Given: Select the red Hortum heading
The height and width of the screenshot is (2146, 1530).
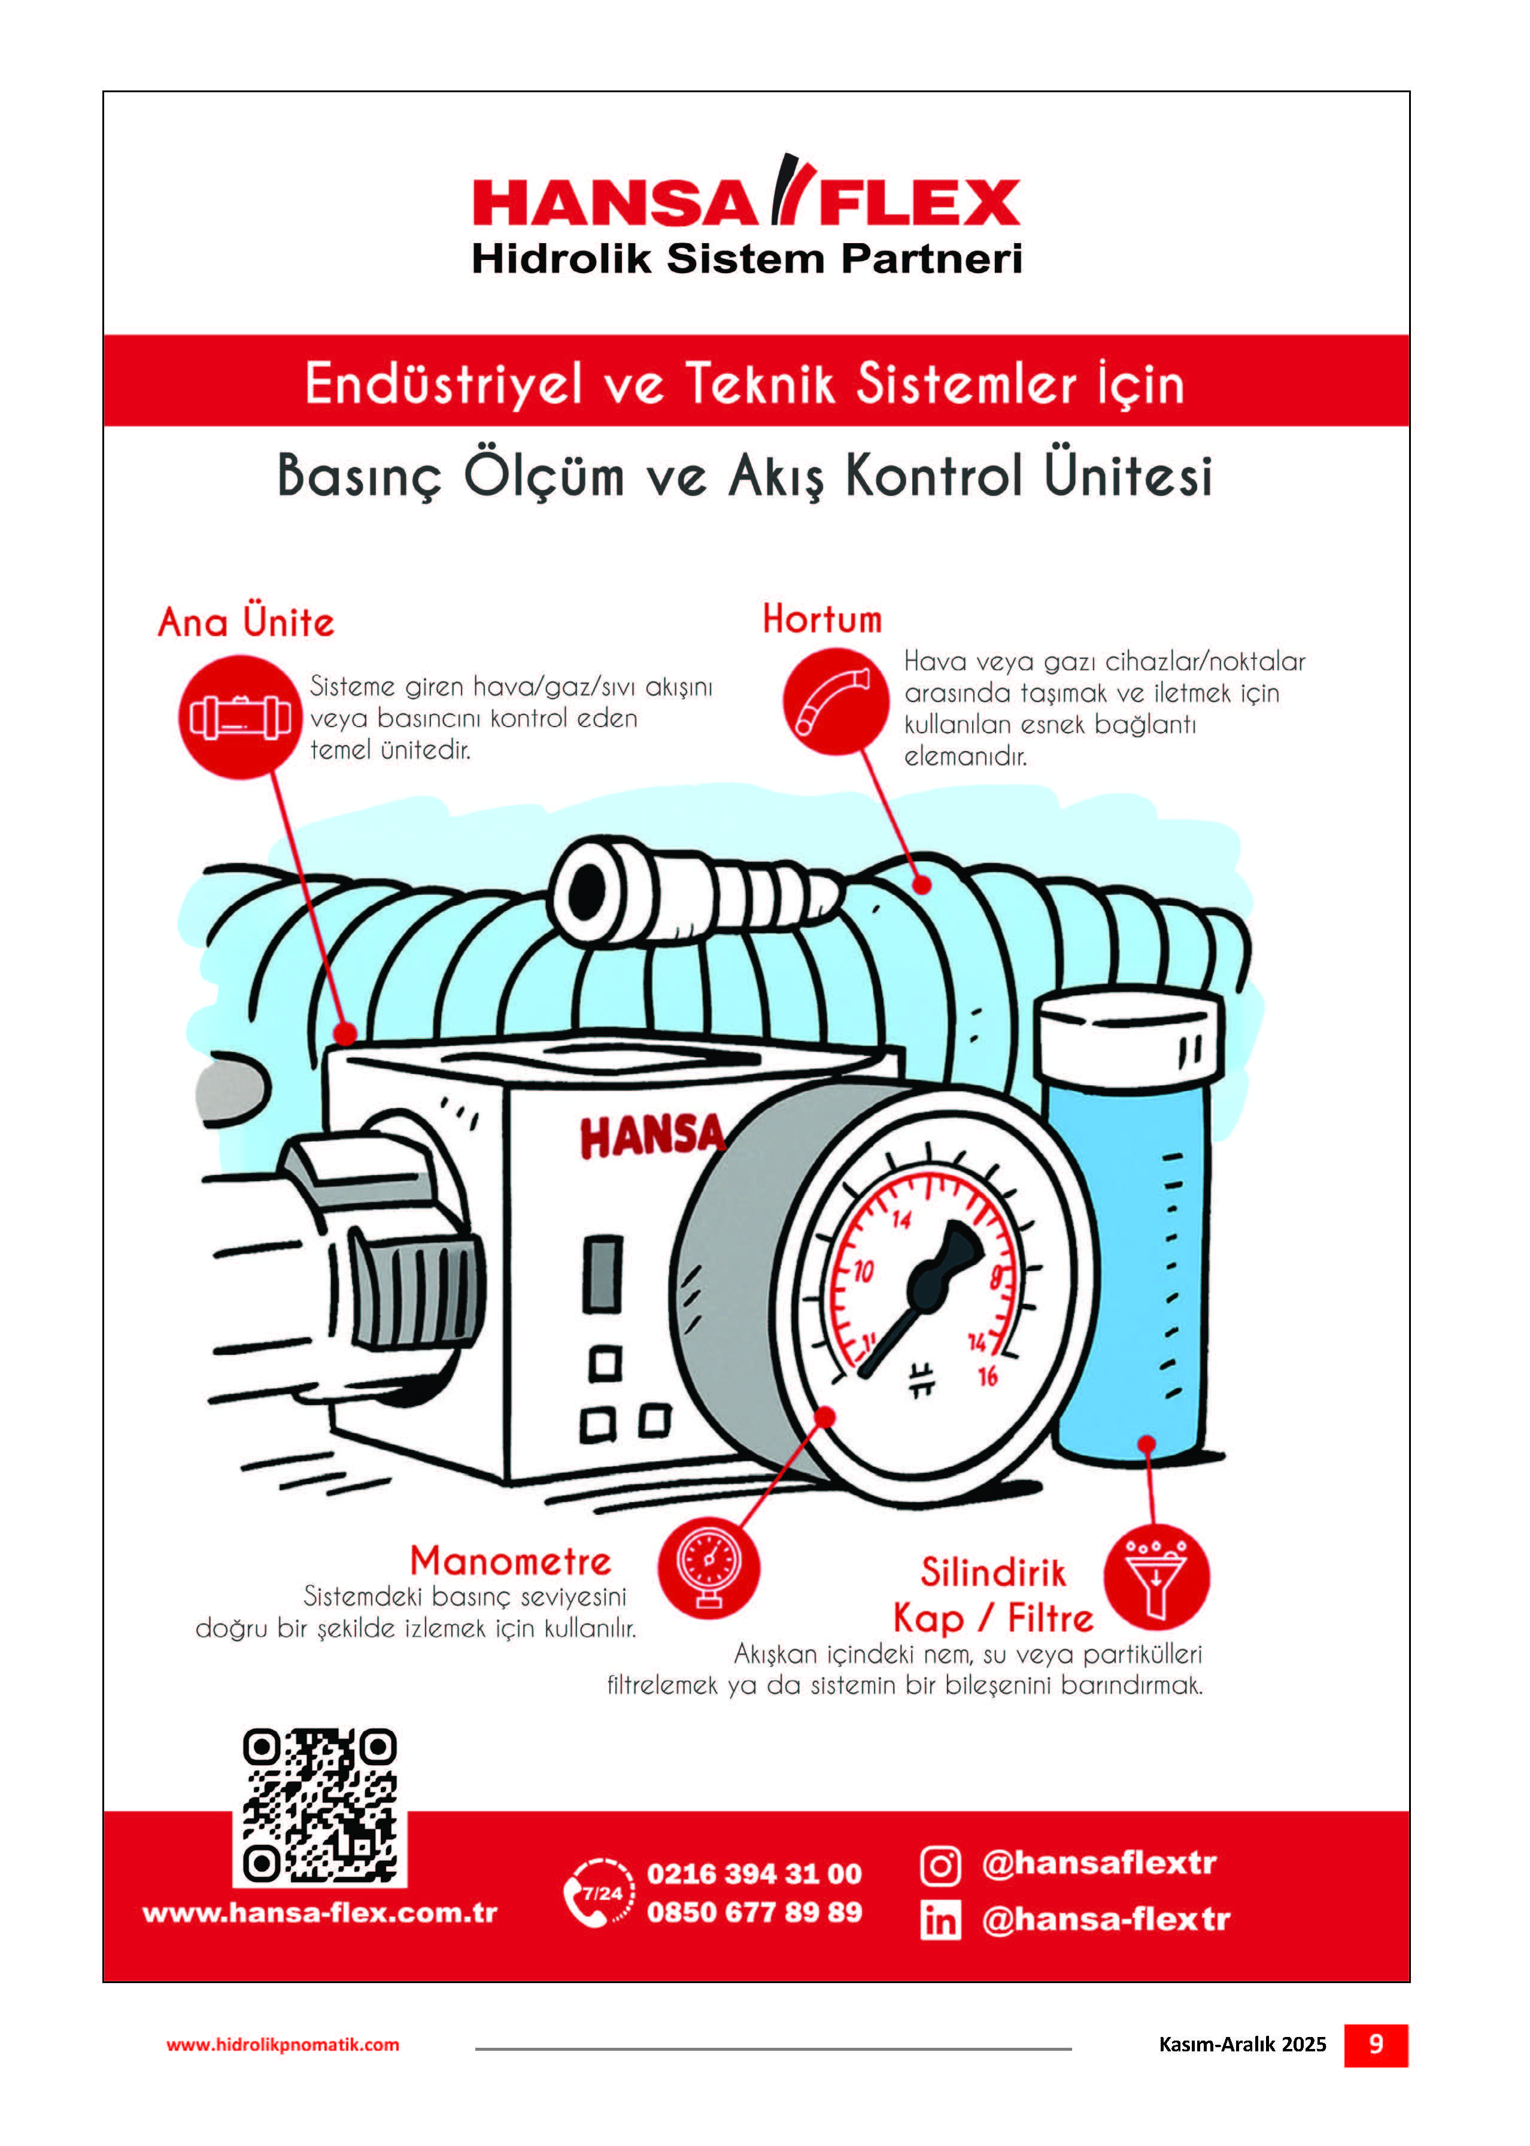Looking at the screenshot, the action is point(822,619).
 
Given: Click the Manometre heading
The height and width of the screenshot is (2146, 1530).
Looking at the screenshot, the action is point(511,1561).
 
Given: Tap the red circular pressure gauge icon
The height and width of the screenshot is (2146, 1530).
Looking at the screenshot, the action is point(709,1568).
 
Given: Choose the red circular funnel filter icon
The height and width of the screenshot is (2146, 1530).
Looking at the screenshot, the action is point(1156,1578).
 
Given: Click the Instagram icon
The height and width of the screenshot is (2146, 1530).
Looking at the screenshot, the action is point(940,1866).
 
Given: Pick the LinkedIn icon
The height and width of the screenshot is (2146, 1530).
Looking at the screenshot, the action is point(940,1920).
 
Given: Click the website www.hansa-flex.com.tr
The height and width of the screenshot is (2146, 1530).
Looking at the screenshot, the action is point(320,1913).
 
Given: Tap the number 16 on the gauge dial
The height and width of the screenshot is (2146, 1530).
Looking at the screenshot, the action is point(987,1377).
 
